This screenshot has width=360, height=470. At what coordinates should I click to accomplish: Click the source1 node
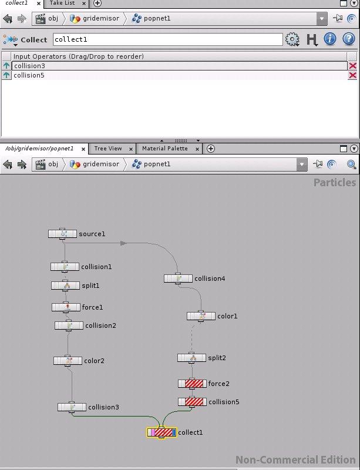pos(62,234)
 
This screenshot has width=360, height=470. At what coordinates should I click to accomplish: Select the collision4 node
pos(178,278)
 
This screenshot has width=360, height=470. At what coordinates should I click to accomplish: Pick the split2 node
pos(191,358)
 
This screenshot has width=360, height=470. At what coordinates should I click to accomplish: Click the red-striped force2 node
pos(192,384)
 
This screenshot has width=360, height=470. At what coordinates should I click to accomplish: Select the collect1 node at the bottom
pos(162,432)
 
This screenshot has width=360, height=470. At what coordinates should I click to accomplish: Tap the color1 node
pos(201,316)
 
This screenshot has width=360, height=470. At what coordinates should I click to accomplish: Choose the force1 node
pos(66,307)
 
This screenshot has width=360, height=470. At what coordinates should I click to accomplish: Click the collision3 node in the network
pos(72,407)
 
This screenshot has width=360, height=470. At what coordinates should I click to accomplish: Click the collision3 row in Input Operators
pos(179,66)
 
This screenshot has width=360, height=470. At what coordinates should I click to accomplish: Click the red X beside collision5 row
pos(352,75)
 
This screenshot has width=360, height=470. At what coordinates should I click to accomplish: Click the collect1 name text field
pos(167,39)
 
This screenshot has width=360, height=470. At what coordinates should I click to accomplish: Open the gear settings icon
pos(292,39)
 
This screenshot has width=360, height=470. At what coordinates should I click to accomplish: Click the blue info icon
pos(330,39)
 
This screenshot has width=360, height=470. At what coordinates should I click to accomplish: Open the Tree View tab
pos(108,149)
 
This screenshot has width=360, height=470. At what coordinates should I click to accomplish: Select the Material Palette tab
pos(165,149)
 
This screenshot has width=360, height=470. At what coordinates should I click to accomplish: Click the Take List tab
pos(62,3)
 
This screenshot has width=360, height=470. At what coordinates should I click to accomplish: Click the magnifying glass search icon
pos(351,164)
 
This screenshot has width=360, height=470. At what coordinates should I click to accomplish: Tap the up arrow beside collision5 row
pos(6,75)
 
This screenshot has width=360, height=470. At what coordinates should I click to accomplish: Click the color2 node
pos(68,361)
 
